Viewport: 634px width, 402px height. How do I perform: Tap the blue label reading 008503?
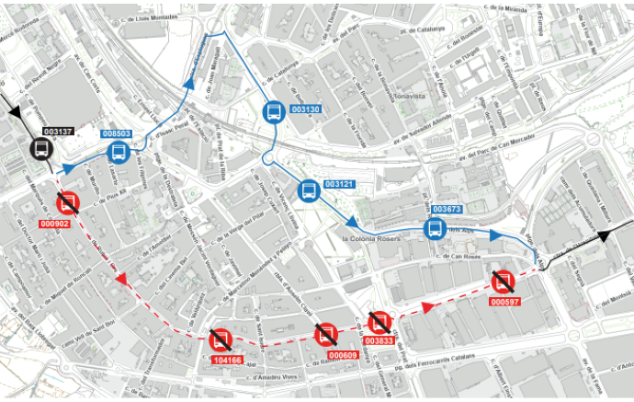pyautogui.click(x=117, y=134)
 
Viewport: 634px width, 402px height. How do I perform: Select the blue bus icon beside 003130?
pyautogui.click(x=274, y=113)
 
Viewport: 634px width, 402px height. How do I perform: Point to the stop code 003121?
pyautogui.click(x=339, y=185)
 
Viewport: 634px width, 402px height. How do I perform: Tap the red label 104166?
pyautogui.click(x=226, y=360)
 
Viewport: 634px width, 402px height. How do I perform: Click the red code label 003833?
pyautogui.click(x=379, y=341)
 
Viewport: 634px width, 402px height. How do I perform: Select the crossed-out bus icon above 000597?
pyautogui.click(x=502, y=281)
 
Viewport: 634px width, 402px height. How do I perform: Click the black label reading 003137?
pyautogui.click(x=58, y=132)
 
